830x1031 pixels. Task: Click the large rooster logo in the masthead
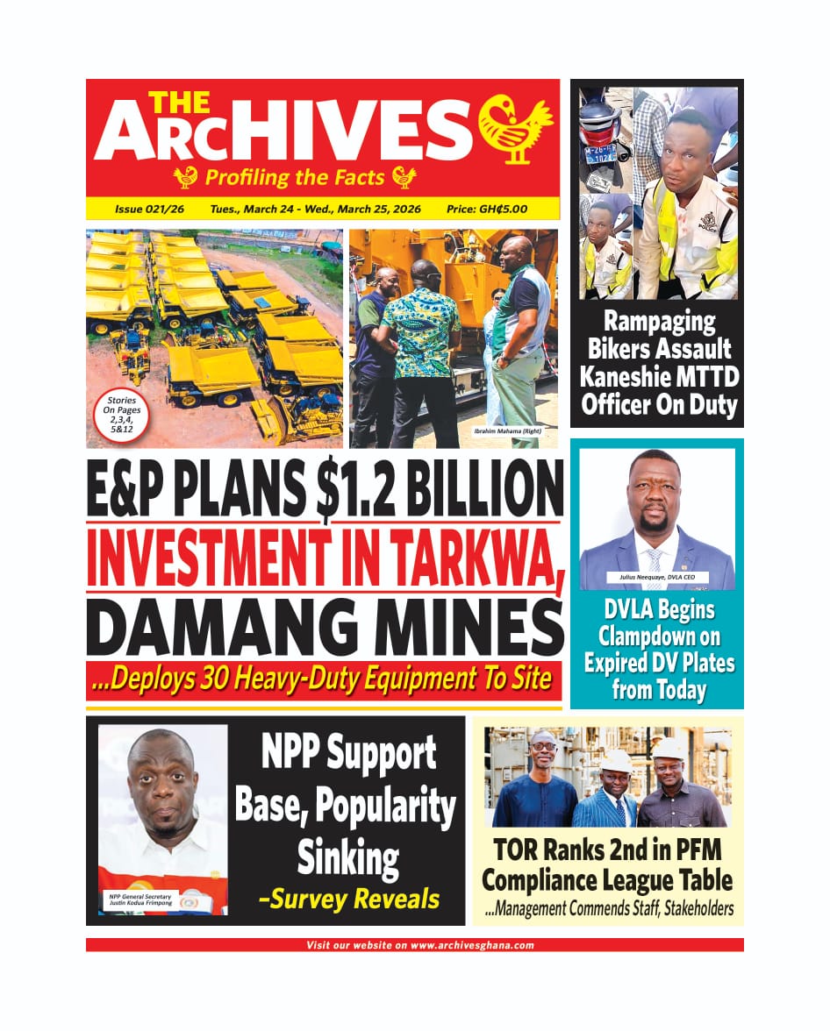[515, 128]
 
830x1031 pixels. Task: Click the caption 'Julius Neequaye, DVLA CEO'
[658, 578]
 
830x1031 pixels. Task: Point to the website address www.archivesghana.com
[472, 945]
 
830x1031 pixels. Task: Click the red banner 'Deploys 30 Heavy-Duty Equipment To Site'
[324, 679]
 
